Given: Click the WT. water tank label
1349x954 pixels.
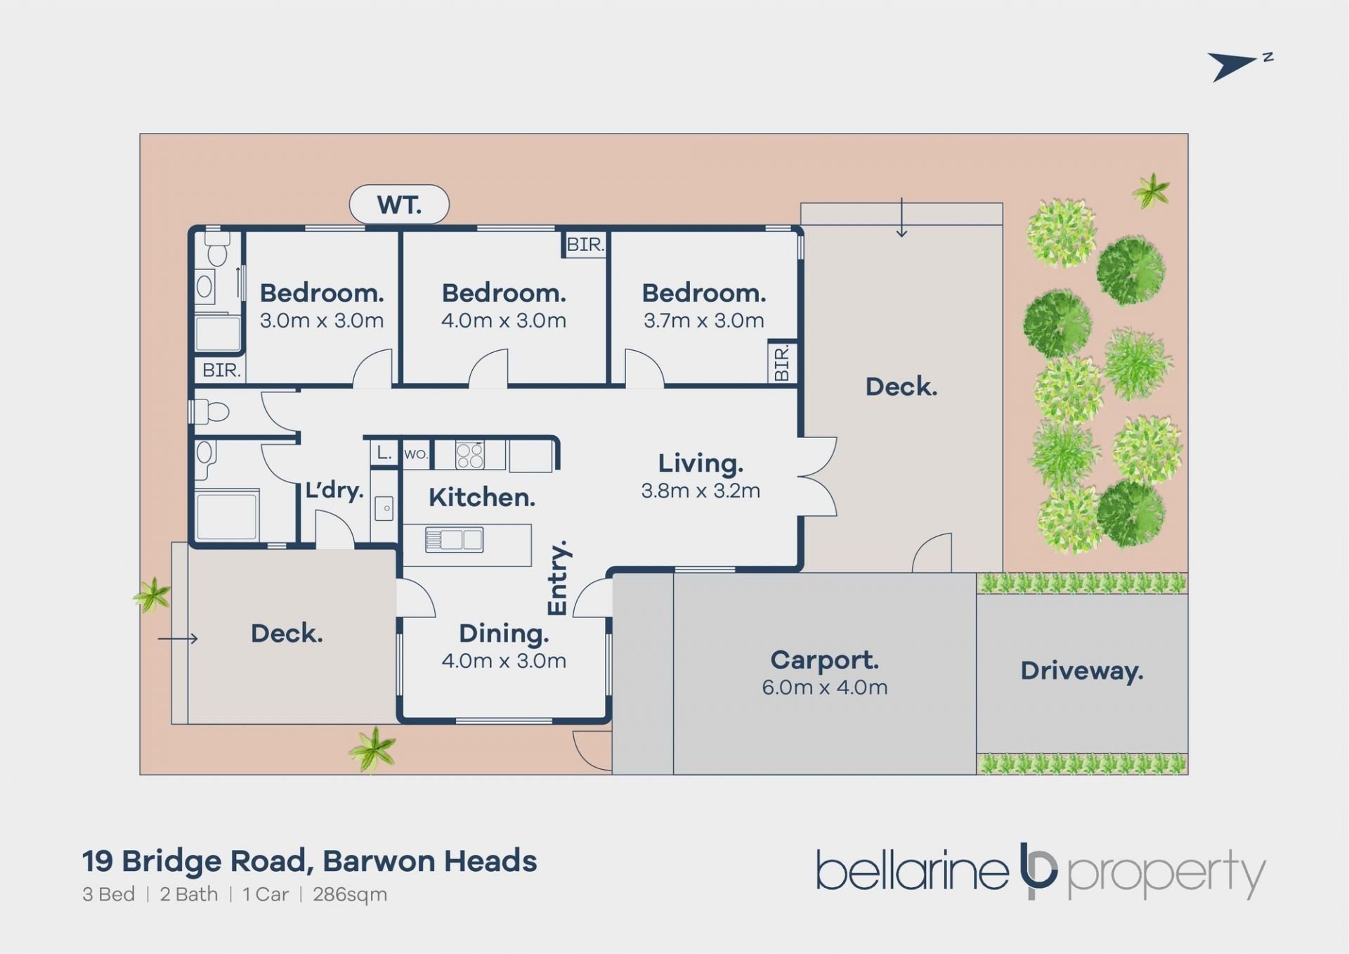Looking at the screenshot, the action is (399, 205).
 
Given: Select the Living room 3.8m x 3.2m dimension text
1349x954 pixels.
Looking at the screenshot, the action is (700, 490).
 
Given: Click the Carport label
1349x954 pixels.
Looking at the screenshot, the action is (824, 660).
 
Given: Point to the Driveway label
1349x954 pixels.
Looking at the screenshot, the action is (1082, 671).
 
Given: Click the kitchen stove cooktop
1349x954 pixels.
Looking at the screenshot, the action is (469, 455).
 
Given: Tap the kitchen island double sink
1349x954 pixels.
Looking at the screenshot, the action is (454, 540).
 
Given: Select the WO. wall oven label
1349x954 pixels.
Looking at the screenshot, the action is (416, 454).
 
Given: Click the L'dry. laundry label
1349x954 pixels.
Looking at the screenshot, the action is (334, 489).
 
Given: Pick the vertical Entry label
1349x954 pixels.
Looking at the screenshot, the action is (558, 578).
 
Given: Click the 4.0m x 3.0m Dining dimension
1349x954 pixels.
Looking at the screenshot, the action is (504, 661).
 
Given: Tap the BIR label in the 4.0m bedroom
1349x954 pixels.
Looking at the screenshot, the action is (585, 245).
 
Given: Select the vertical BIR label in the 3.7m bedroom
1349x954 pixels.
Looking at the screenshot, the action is (782, 363).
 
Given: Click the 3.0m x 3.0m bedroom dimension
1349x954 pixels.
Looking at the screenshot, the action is (322, 321).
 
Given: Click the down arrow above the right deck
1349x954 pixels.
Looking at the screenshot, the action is (901, 218).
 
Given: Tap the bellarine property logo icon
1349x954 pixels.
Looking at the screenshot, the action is (1038, 870).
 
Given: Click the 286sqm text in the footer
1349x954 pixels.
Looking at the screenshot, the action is (350, 894).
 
